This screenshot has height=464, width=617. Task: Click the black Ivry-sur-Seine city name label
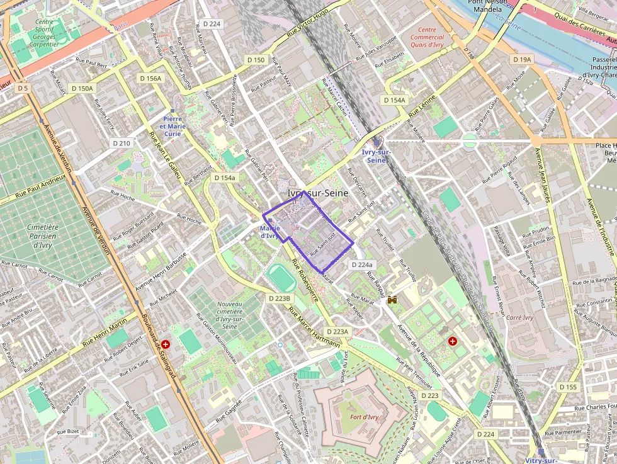[x=317, y=194]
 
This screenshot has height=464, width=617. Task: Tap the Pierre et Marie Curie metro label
[x=173, y=126]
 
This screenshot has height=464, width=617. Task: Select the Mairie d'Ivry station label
[x=269, y=232]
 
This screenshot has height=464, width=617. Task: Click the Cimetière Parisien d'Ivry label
[x=43, y=236]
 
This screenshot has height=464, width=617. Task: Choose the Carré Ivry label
[x=519, y=317]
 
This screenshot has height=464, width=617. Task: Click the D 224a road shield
[x=362, y=265]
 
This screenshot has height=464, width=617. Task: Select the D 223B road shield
[x=280, y=298]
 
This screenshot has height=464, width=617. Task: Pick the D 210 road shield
[x=122, y=143]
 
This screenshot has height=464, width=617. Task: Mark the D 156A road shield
[x=150, y=78]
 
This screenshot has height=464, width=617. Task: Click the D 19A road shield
[x=522, y=59]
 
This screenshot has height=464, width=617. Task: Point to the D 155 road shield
[x=567, y=387]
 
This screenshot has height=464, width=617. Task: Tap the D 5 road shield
[x=23, y=88]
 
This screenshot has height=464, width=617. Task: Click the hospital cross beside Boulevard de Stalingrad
[x=166, y=344]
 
